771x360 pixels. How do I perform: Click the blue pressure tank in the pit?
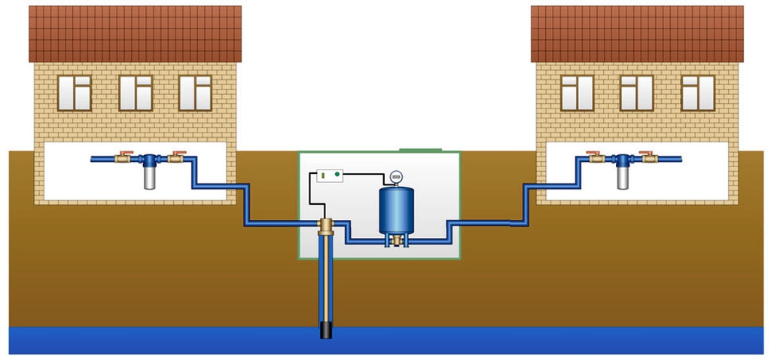click(x=395, y=210)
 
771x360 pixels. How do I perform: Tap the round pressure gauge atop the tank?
click(x=395, y=178)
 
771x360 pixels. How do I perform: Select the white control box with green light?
click(x=326, y=175)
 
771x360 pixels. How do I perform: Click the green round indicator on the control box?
click(x=337, y=175)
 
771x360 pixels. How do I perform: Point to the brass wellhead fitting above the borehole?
click(x=327, y=225)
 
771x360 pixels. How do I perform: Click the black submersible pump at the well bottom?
click(x=327, y=329)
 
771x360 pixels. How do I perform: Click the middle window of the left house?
click(x=136, y=93)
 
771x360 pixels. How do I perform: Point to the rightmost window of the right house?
click(x=697, y=93)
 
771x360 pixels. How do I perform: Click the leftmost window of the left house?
click(x=75, y=93)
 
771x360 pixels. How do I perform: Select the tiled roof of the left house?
click(x=135, y=34)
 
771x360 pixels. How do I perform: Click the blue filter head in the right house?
click(x=623, y=160)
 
